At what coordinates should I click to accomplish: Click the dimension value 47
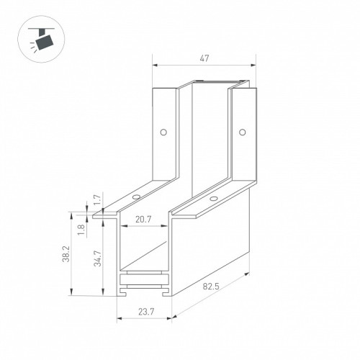point(204,58)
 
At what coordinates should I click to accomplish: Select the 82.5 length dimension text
point(211,287)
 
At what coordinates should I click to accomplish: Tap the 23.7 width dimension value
point(146,312)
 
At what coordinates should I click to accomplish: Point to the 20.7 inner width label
point(143,219)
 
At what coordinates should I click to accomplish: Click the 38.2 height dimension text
point(66,254)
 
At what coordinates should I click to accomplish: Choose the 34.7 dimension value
point(98,258)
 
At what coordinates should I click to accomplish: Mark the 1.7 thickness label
point(98,199)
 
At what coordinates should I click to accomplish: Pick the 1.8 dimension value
point(81,230)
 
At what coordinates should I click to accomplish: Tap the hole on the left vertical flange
point(163,132)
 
